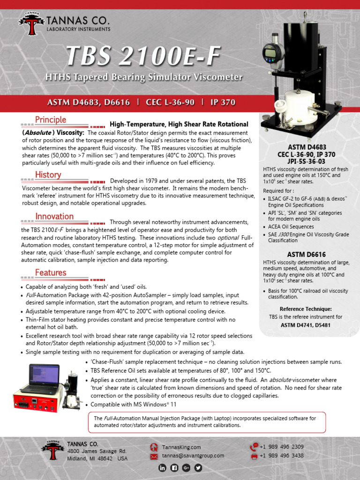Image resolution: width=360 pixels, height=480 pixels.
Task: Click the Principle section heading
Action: [x=51, y=120]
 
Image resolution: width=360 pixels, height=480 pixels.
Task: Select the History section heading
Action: [x=48, y=175]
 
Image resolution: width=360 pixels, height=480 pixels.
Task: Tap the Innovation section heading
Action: [x=54, y=217]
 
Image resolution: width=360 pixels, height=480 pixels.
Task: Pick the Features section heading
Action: [x=51, y=272]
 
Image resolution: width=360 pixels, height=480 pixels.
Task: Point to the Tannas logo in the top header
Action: [x=32, y=25]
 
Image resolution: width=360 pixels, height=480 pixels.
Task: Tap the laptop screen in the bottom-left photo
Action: [x=44, y=375]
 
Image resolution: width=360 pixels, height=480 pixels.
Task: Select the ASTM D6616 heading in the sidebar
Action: [x=307, y=255]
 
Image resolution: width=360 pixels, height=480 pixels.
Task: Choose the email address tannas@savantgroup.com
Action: [x=193, y=456]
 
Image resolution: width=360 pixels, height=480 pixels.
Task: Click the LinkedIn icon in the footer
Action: [x=163, y=467]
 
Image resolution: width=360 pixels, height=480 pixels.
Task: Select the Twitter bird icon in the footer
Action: [x=198, y=467]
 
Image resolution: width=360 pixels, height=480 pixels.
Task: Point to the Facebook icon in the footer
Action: [x=174, y=467]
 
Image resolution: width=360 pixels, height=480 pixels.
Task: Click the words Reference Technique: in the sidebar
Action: [x=306, y=309]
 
